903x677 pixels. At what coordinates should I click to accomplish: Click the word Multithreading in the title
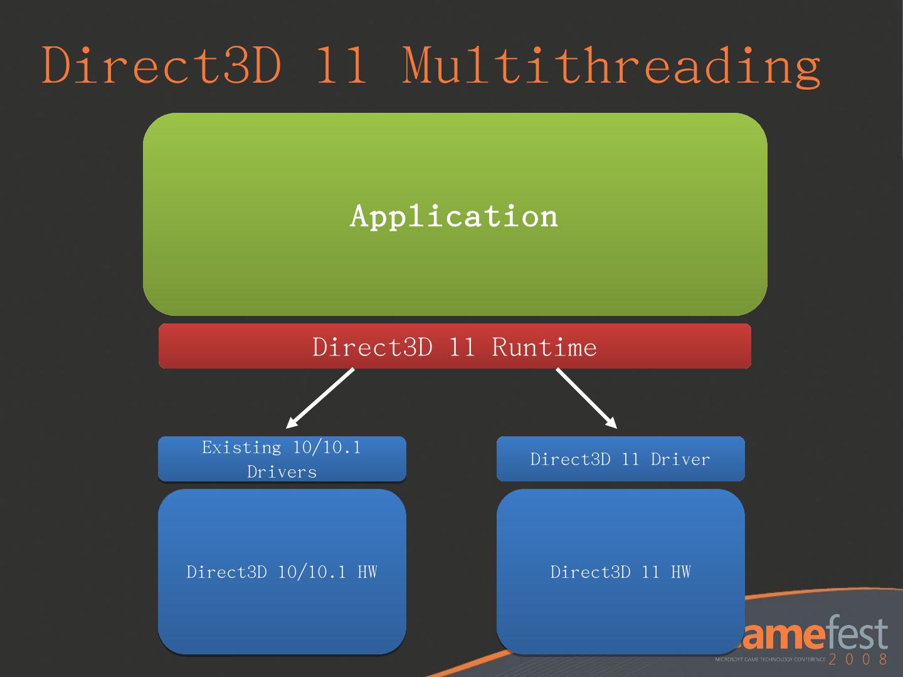[x=611, y=66]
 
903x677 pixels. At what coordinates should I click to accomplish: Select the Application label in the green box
[x=454, y=216]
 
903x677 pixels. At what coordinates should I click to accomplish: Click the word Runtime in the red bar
[x=544, y=347]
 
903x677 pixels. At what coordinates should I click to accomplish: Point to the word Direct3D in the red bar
[x=372, y=347]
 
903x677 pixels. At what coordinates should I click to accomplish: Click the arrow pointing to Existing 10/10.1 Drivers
[x=320, y=398]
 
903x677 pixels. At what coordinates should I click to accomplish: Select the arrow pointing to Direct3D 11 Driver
[x=586, y=398]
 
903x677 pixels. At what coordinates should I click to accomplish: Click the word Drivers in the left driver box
[x=282, y=472]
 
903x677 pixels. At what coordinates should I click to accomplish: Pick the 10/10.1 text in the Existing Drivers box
[x=327, y=448]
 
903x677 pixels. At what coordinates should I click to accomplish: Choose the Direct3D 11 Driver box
[x=620, y=459]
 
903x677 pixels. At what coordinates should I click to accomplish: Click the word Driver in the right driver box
[x=680, y=459]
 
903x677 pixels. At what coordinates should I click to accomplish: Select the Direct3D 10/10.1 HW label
[x=282, y=572]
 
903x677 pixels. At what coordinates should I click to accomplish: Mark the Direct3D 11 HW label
[x=620, y=572]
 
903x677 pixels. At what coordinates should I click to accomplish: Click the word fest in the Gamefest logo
[x=856, y=635]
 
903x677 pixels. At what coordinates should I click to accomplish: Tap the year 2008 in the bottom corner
[x=858, y=659]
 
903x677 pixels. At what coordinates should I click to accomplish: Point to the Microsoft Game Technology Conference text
[x=770, y=659]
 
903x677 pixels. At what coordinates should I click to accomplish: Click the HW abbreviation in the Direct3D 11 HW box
[x=680, y=572]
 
